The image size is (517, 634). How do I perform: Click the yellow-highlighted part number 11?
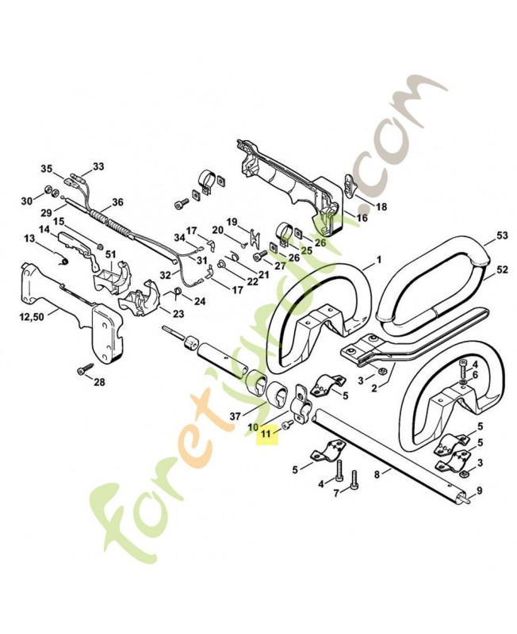(266, 434)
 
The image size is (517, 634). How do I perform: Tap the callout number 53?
(501, 235)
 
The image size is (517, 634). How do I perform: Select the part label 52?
(501, 270)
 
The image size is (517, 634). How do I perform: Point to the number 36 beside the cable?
(117, 201)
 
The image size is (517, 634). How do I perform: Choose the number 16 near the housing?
(362, 217)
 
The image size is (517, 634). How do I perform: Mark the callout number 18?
(381, 207)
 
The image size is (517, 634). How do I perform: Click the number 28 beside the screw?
(99, 383)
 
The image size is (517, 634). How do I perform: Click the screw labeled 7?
(354, 478)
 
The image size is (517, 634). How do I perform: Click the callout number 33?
(98, 166)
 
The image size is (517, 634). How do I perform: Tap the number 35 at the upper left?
(47, 168)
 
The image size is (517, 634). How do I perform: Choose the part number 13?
(29, 238)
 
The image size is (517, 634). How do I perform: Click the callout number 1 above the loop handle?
(378, 259)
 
